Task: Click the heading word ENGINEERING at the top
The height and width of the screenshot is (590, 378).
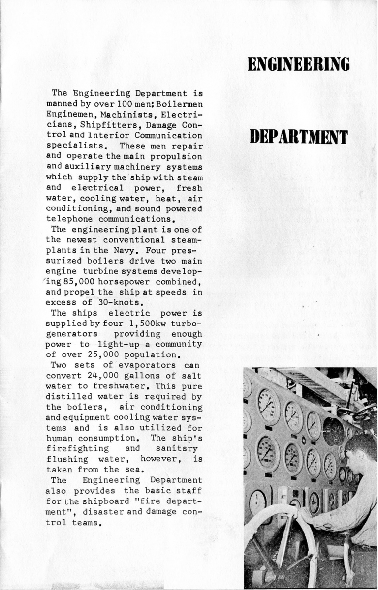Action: coord(299,64)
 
